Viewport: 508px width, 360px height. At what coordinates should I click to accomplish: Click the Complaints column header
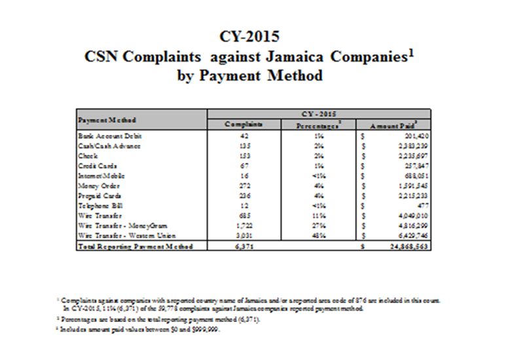click(244, 124)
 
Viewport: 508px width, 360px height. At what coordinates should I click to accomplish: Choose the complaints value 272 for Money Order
click(244, 186)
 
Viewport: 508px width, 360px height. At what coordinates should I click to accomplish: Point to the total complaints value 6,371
click(244, 246)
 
